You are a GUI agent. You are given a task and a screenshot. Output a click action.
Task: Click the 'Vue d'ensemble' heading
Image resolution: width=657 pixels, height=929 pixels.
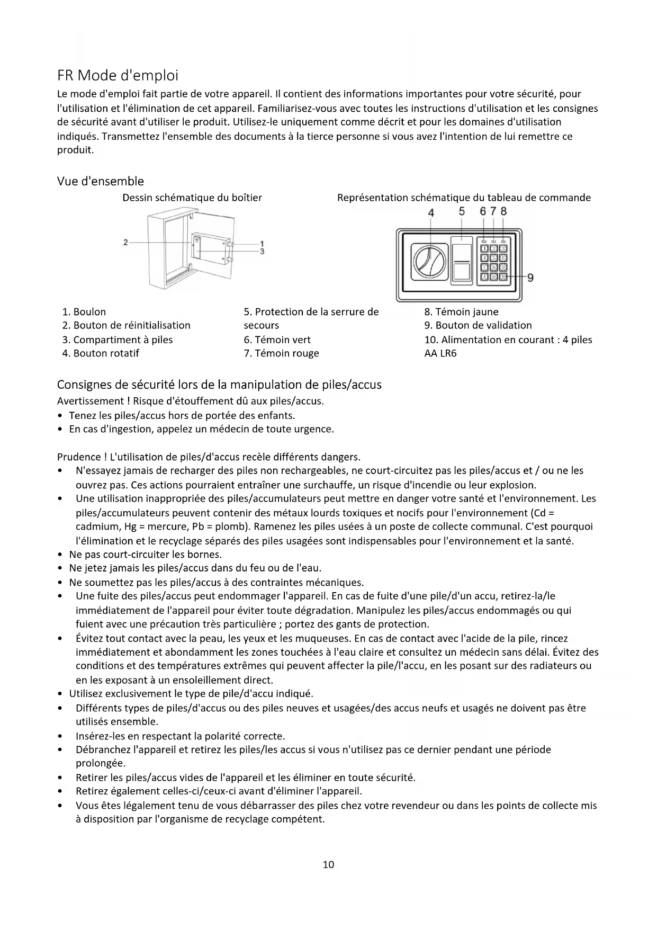(x=100, y=181)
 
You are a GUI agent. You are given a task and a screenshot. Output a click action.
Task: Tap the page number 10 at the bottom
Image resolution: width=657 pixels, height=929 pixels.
(x=328, y=865)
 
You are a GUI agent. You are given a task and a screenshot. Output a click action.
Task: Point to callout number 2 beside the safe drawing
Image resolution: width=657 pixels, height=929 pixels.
(x=125, y=243)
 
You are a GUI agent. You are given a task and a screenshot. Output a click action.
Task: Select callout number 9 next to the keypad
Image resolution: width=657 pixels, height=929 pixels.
(x=530, y=277)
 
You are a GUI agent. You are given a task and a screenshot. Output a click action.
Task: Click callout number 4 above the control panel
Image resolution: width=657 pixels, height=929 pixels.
(x=431, y=212)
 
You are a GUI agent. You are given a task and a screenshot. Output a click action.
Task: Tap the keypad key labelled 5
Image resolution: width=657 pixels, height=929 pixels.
(x=493, y=258)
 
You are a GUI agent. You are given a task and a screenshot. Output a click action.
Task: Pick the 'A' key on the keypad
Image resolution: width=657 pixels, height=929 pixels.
(x=484, y=276)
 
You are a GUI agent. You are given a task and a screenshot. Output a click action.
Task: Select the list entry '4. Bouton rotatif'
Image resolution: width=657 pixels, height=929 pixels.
(x=101, y=353)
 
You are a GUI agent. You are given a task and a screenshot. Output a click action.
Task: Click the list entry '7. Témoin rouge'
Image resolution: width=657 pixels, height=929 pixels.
(x=281, y=353)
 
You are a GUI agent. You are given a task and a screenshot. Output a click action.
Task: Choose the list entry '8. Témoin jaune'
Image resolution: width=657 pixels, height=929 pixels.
(x=461, y=312)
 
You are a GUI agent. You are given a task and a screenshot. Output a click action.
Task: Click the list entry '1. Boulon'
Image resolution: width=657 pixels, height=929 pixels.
(x=84, y=312)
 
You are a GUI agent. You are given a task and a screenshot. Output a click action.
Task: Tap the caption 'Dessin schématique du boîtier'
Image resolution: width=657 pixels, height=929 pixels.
(x=192, y=198)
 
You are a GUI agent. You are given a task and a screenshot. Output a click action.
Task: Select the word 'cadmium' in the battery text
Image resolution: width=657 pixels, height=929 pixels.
(x=97, y=526)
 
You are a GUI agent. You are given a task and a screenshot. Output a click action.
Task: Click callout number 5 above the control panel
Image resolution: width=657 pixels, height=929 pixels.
(x=462, y=211)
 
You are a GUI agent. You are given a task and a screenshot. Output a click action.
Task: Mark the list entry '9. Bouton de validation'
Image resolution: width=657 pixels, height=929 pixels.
(x=478, y=325)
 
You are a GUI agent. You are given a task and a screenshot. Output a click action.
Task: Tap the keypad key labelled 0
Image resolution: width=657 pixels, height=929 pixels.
(x=493, y=276)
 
